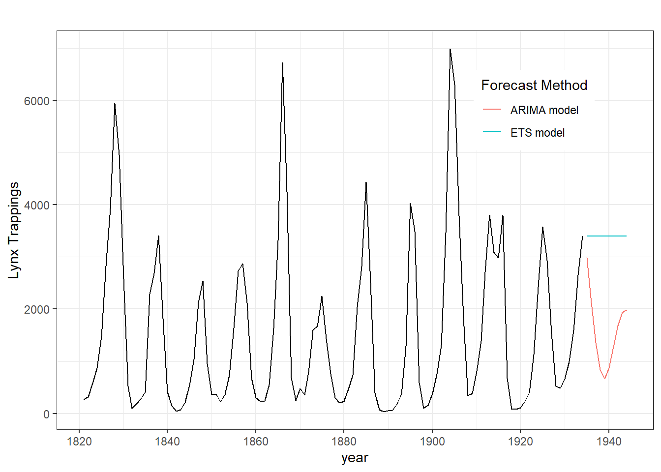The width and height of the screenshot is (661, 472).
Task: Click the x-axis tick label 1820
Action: pos(79,442)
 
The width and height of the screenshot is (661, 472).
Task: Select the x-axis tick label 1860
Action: pos(256,442)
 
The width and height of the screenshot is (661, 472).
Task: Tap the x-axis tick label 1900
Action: pos(432,442)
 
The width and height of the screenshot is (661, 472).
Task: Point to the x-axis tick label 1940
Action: pos(609,442)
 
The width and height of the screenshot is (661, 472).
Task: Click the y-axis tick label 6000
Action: pos(37,101)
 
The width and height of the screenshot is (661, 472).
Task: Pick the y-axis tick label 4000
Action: pos(37,205)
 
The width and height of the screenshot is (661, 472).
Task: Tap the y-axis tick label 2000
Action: pos(37,309)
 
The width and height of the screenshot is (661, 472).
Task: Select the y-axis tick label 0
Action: pos(46,414)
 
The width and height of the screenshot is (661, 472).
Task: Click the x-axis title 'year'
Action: pos(355,458)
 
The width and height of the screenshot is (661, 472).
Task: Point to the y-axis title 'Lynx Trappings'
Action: pos(14,230)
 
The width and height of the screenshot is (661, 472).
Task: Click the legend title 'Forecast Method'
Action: pos(534,85)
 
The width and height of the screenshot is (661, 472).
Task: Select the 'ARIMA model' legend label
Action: pos(544,110)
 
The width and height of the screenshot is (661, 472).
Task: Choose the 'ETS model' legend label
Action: pos(537,133)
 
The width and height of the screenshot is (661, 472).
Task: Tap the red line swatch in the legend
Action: pos(492,109)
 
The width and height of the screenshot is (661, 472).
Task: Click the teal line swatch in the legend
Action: pos(492,132)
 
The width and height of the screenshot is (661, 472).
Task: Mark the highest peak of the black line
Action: pos(450,49)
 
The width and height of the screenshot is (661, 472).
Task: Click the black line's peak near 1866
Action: pos(282,63)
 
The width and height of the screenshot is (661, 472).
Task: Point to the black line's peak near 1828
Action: pos(115,104)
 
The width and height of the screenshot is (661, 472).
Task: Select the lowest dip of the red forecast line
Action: pos(604,378)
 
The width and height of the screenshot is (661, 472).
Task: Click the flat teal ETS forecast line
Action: pos(606,236)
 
